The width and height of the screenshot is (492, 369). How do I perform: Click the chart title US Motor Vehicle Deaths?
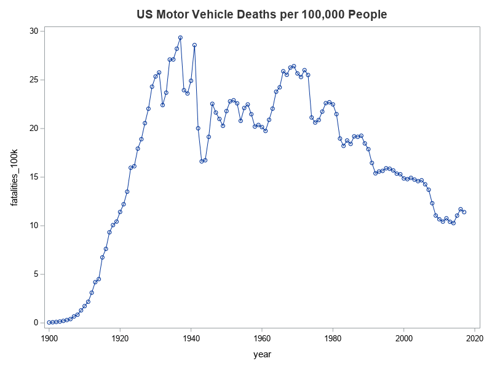[261, 14]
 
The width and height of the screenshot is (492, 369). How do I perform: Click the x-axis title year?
[262, 354]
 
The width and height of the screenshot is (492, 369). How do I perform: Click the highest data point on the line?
[180, 38]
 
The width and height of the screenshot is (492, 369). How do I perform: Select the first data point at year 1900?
[49, 322]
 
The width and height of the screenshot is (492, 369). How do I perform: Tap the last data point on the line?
[464, 212]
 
